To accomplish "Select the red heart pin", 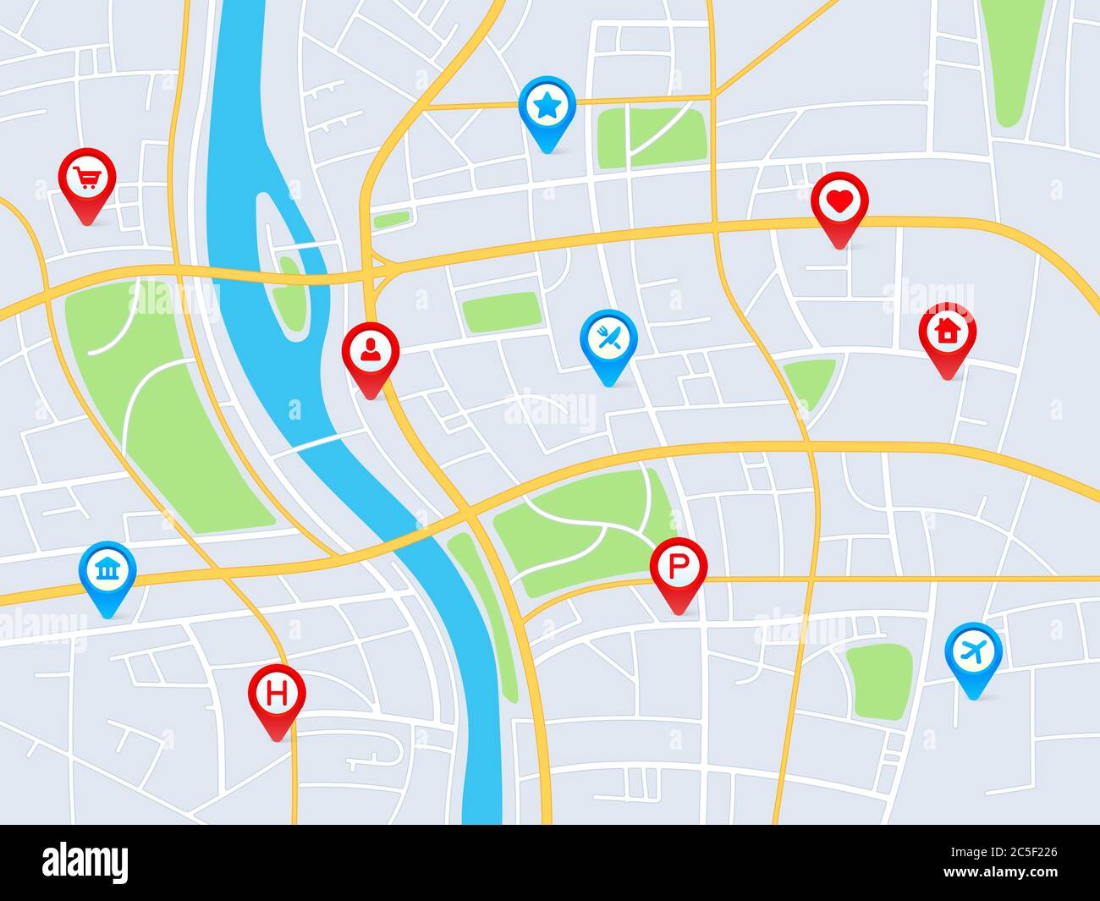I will coord(839,202).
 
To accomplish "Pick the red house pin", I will coord(947,332).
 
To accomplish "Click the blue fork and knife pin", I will coord(608,338).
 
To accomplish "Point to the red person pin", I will coord(370,351).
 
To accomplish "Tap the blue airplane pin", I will coord(973,651).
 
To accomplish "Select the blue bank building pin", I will coord(107,571).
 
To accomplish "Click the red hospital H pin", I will coord(277,695).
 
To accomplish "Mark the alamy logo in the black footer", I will coord(85,863).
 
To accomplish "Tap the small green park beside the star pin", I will coord(652,135).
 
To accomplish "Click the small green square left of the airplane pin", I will coord(878,681).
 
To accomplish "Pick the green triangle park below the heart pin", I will coord(808,381).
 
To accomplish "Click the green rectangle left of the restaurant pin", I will coord(501,311).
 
